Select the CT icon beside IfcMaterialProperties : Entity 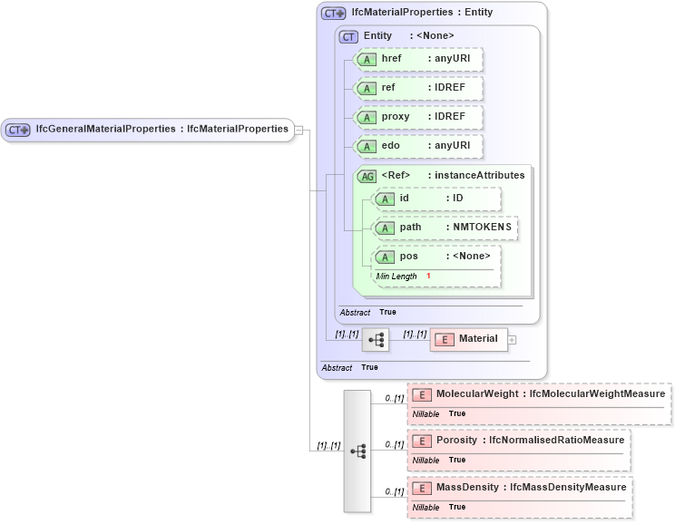pyautogui.click(x=333, y=14)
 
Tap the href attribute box pyautogui.click(x=418, y=59)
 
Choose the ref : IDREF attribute pyautogui.click(x=418, y=88)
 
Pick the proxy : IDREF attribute pyautogui.click(x=418, y=117)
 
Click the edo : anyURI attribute pyautogui.click(x=418, y=146)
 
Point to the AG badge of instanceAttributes pyautogui.click(x=367, y=176)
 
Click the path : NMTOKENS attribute pyautogui.click(x=445, y=228)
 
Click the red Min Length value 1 pyautogui.click(x=428, y=276)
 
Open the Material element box pyautogui.click(x=468, y=339)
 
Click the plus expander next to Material pyautogui.click(x=512, y=340)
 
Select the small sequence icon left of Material pyautogui.click(x=376, y=340)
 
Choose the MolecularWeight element pyautogui.click(x=539, y=394)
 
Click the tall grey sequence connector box pyautogui.click(x=357, y=451)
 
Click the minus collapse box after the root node pyautogui.click(x=298, y=130)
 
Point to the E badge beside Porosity pyautogui.click(x=421, y=441)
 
